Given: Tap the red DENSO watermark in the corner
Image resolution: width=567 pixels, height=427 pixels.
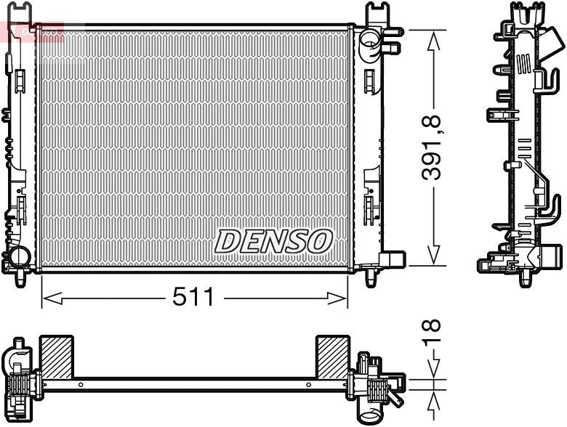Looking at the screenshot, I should (33, 31).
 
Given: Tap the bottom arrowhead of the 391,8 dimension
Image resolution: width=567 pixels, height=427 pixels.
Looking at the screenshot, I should (434, 258).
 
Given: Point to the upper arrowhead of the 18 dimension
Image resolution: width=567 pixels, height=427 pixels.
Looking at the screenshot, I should (434, 370).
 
